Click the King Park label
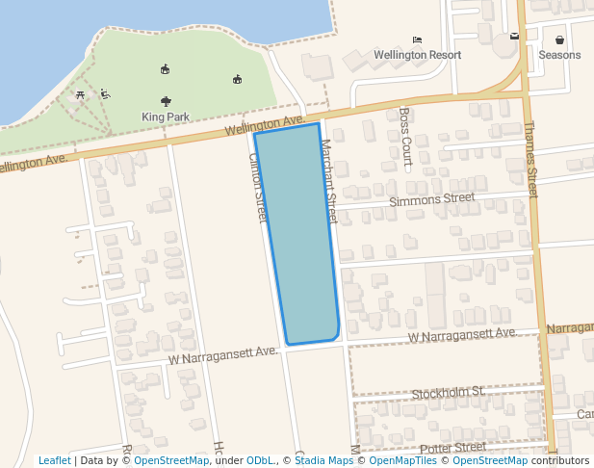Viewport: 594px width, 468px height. click(x=166, y=117)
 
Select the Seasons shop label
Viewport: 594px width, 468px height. click(x=559, y=55)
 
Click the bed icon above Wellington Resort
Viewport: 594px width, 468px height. click(x=417, y=39)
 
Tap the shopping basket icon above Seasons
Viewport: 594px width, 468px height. click(x=559, y=39)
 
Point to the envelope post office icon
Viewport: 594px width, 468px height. click(x=515, y=37)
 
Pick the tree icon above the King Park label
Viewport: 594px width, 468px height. click(x=167, y=100)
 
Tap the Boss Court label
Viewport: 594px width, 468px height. click(x=405, y=137)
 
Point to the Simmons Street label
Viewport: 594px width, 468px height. click(x=432, y=199)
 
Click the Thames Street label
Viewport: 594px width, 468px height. click(x=530, y=159)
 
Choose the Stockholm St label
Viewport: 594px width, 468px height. click(x=447, y=393)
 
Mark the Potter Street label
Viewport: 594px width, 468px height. click(x=453, y=447)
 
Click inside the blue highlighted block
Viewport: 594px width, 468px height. click(x=298, y=236)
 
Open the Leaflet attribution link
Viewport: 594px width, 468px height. click(x=54, y=460)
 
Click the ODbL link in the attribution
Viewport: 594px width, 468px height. click(x=260, y=460)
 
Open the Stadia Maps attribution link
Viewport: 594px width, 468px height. click(x=323, y=460)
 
